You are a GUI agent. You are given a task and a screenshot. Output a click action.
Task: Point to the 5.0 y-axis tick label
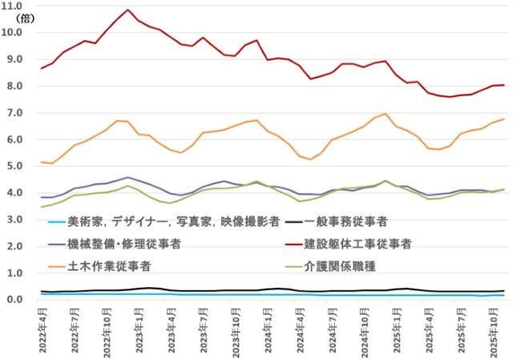15,166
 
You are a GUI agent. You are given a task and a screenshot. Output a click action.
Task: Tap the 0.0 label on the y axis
15,300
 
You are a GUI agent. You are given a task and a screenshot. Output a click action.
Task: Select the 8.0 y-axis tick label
15,86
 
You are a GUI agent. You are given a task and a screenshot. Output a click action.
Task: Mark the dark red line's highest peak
128,10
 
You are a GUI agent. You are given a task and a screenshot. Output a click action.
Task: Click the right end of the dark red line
503,85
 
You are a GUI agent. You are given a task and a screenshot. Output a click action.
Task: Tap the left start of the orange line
41,162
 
